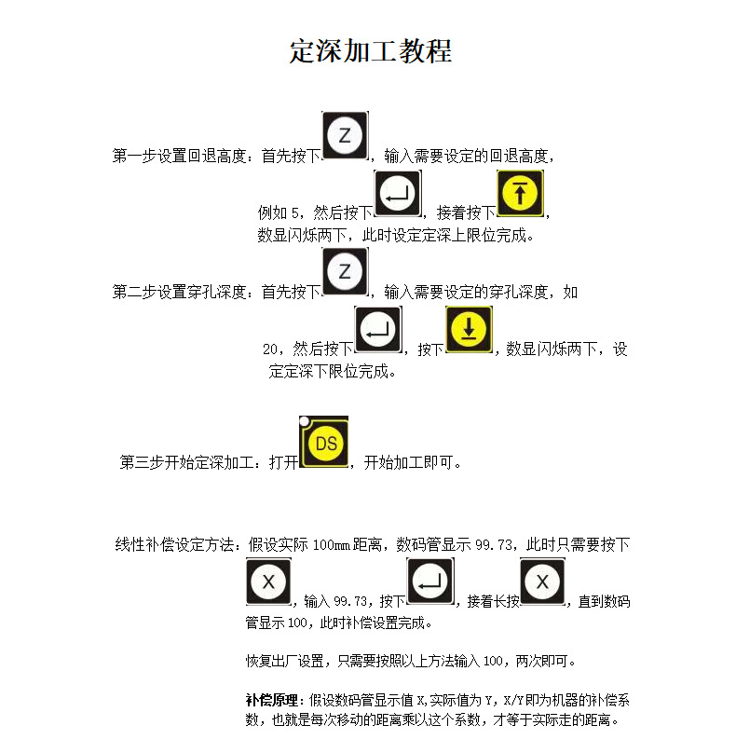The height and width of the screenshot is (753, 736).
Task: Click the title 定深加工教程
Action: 371,51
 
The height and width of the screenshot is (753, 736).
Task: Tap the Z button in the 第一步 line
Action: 346,135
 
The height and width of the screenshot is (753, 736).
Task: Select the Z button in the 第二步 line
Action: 346,271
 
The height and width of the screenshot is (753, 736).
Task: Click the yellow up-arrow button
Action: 521,193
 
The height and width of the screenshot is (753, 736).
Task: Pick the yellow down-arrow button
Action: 469,330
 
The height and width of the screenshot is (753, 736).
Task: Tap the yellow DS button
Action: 324,442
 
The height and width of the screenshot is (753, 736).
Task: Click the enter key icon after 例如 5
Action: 398,193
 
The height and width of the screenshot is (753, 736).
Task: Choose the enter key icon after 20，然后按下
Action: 378,330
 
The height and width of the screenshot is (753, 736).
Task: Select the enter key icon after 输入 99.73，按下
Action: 430,582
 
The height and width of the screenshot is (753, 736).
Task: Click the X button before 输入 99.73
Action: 269,582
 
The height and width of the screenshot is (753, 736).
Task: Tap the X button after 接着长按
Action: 542,582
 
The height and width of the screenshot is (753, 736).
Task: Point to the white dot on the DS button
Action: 305,421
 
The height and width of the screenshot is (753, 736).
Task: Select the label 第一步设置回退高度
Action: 179,156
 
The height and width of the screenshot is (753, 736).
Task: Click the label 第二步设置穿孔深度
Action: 179,292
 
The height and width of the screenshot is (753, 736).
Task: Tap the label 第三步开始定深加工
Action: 186,462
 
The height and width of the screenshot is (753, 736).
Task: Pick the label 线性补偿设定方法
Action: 175,544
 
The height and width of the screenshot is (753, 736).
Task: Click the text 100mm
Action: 332,545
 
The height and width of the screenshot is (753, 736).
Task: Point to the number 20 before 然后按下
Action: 270,349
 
